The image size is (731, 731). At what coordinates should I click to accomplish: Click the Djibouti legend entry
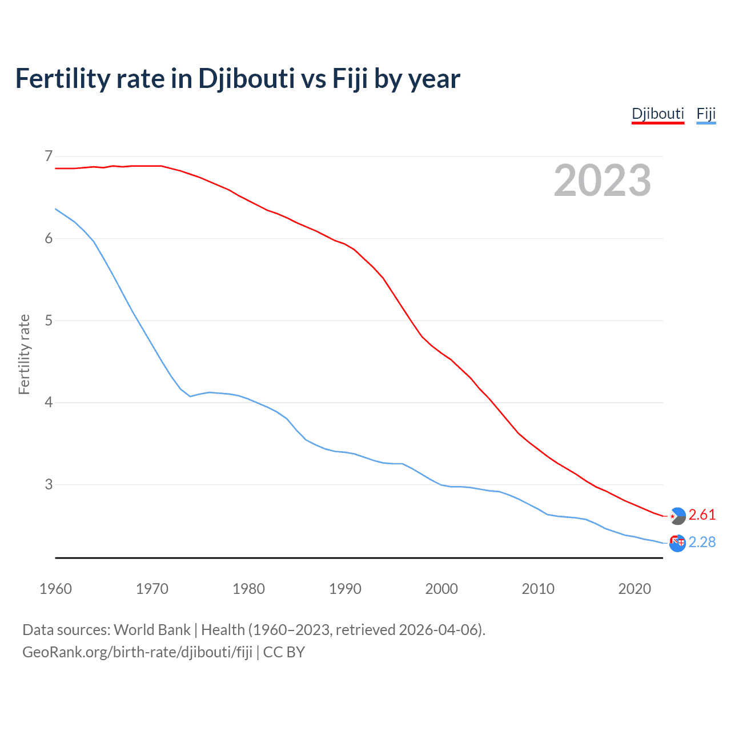coord(657,114)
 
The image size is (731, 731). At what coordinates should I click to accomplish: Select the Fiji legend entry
coord(706,114)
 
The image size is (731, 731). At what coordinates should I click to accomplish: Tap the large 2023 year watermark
coord(603,180)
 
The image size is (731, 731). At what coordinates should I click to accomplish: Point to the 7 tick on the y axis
coord(48,156)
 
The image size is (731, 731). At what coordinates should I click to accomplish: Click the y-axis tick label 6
coord(48,238)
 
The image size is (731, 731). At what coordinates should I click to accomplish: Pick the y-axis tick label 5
coord(48,320)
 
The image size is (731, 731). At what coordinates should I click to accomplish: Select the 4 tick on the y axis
coord(48,403)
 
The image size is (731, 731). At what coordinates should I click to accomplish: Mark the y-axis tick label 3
coord(48,485)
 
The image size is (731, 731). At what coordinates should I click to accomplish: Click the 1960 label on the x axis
coord(55,589)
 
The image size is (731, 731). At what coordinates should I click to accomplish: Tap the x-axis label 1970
coord(152,589)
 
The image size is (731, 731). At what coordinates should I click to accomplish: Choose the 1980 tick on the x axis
coord(248,589)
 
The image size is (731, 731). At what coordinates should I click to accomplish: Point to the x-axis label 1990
coord(345,589)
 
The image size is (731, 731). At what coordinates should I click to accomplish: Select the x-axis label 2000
coord(441,589)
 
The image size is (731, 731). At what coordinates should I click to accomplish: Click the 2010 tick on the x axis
coord(538,589)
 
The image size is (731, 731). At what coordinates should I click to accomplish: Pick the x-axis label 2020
coord(634,589)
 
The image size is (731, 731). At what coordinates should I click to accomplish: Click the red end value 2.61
coord(702,515)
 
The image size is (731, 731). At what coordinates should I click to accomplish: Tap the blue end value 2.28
coord(702,542)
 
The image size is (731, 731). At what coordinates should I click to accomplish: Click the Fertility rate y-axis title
coord(24,354)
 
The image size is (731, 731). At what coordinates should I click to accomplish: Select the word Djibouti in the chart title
coord(246,79)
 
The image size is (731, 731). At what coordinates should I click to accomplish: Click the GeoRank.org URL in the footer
coord(137,652)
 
